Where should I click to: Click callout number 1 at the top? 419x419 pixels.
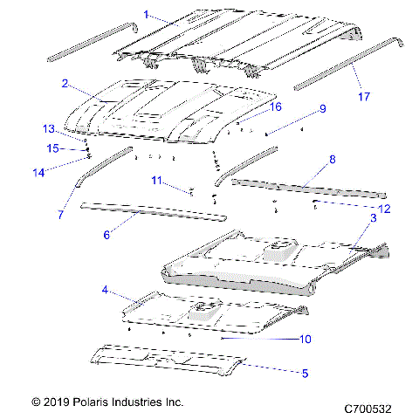tap(147, 15)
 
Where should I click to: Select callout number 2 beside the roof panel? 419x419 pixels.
tap(65, 84)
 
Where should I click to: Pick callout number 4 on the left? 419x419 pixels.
tap(105, 289)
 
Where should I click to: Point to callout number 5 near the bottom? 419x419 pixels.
tap(305, 374)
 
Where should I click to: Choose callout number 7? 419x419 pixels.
tap(60, 214)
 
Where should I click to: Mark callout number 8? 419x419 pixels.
tap(332, 160)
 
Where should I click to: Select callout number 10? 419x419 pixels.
tap(306, 339)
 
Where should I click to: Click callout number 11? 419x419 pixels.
tap(155, 181)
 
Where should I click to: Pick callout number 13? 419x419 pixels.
tap(49, 129)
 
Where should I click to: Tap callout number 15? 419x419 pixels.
tap(52, 148)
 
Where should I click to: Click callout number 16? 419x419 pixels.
tap(275, 106)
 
